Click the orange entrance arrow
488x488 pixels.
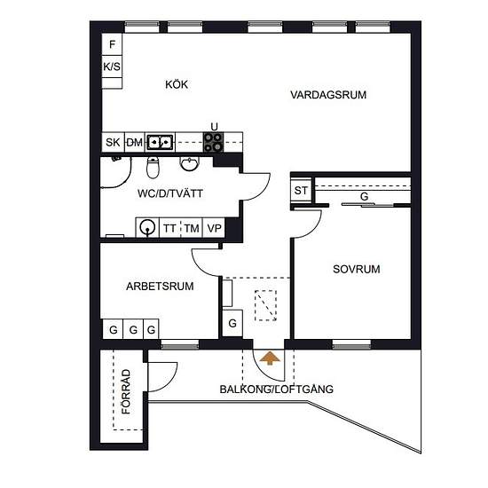(270, 358)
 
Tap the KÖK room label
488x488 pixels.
(177, 84)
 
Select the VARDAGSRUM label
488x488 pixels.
(328, 95)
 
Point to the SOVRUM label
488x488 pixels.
(357, 269)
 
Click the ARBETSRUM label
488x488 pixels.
(160, 286)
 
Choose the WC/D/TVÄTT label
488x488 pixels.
(170, 193)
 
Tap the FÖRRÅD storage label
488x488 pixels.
(126, 391)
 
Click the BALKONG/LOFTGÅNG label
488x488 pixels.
(276, 389)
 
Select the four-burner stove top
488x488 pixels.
(213, 142)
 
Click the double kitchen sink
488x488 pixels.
(160, 142)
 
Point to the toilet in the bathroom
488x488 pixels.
(153, 168)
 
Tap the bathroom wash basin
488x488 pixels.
(189, 164)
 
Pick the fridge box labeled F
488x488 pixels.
(112, 44)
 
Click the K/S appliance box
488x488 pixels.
(112, 67)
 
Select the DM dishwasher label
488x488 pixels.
(135, 143)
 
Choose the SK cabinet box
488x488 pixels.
(113, 142)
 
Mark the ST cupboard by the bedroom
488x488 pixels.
(301, 190)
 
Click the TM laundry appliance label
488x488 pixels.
(192, 228)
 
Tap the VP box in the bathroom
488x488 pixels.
(214, 228)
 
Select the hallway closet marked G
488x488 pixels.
(232, 323)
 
